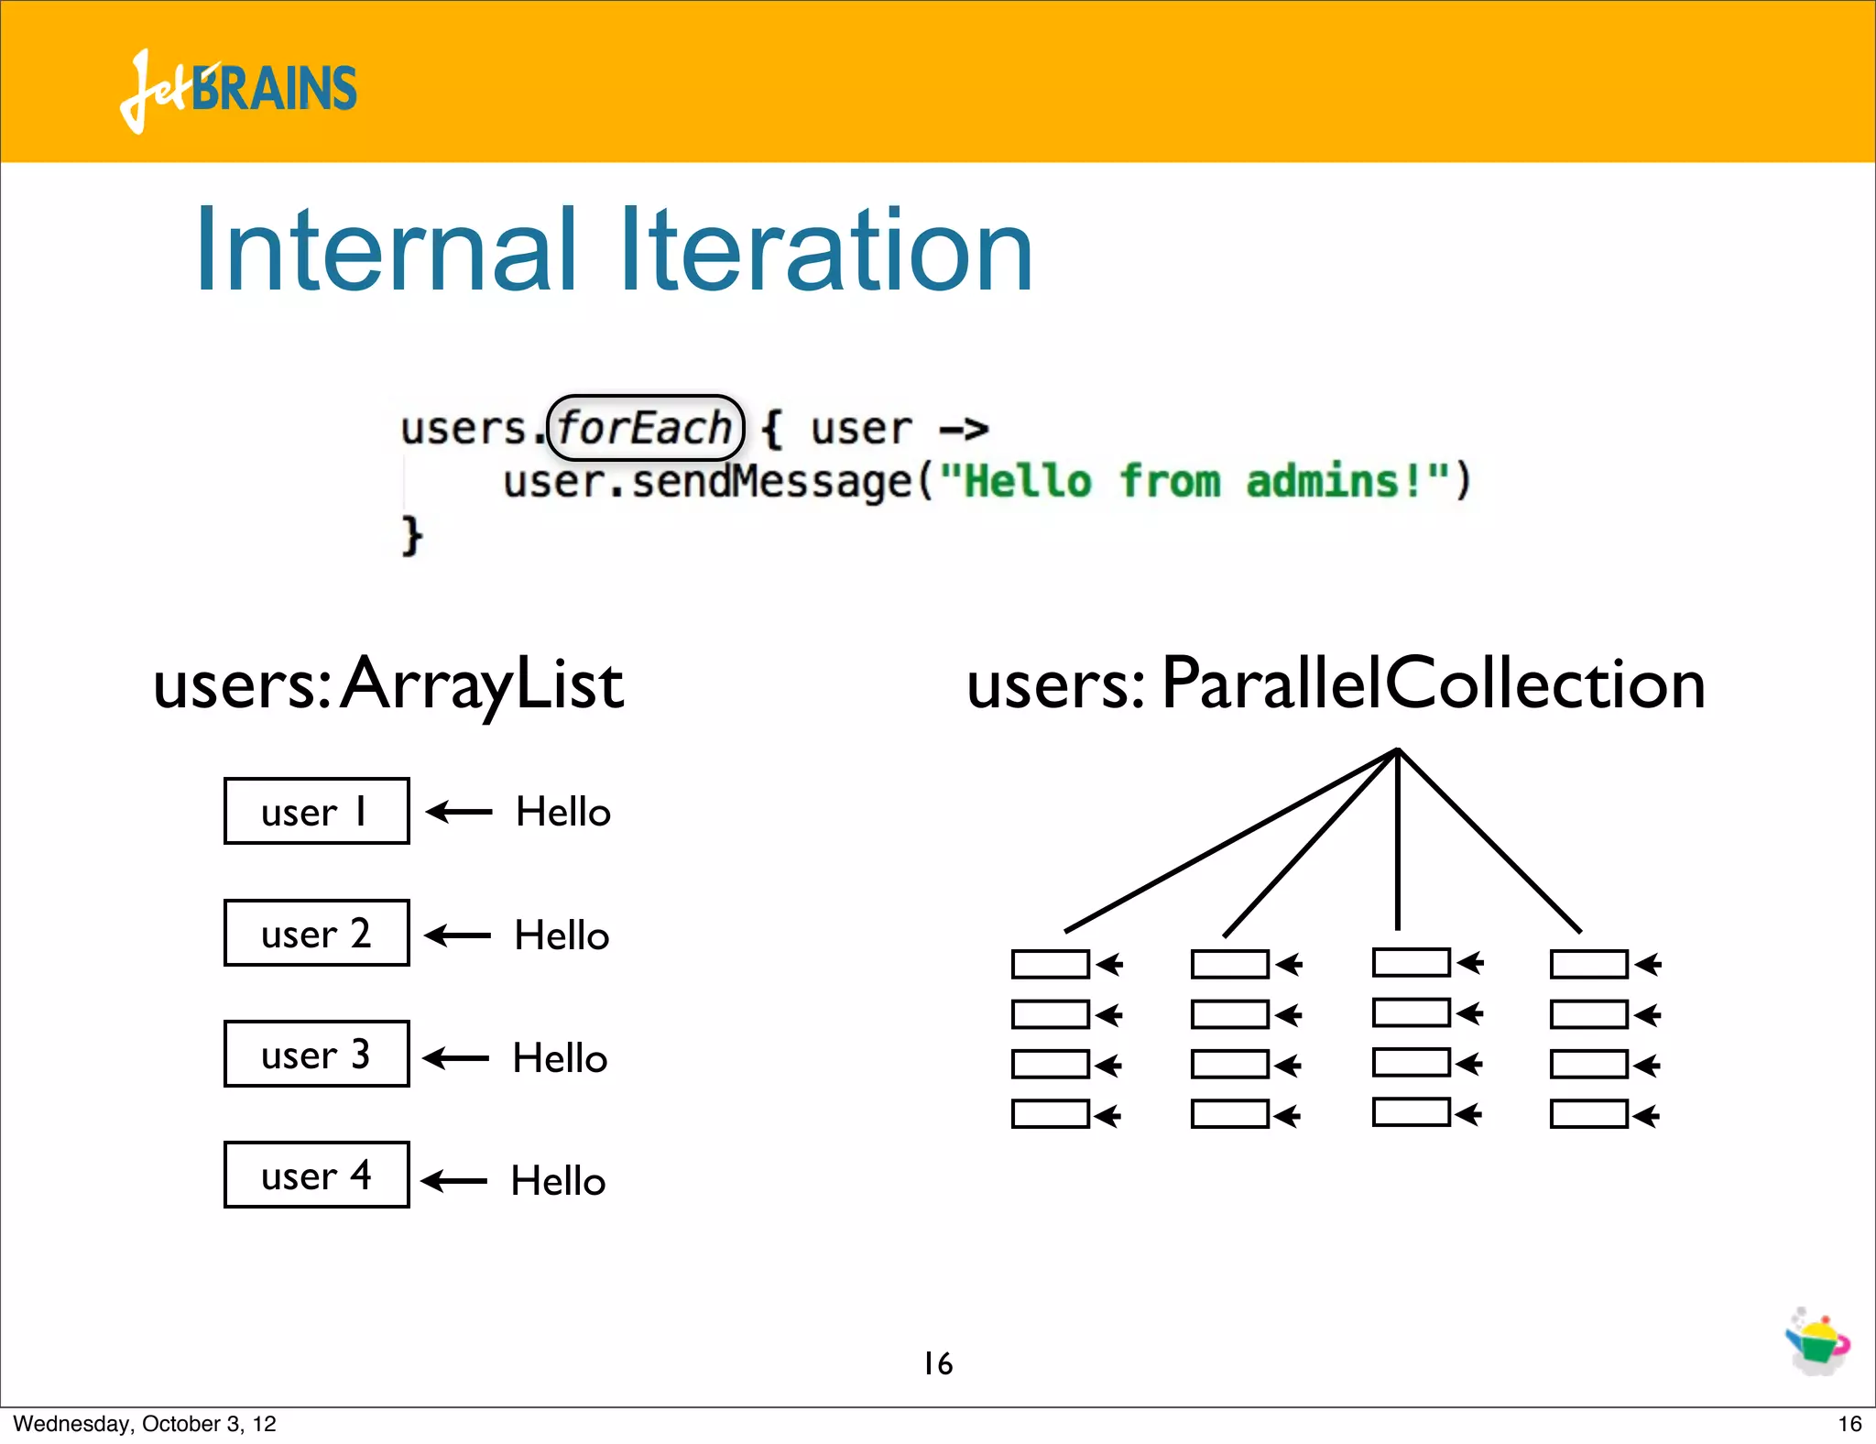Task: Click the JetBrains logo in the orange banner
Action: click(x=238, y=89)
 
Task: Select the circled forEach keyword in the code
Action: click(x=645, y=428)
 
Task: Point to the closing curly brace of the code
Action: click(x=411, y=534)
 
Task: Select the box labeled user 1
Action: click(x=316, y=811)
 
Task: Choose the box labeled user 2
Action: click(x=316, y=933)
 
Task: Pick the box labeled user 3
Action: click(x=316, y=1054)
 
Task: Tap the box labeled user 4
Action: click(x=316, y=1175)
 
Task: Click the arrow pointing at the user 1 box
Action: click(x=459, y=811)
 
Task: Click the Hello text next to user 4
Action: click(x=558, y=1181)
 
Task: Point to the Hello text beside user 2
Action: click(x=562, y=935)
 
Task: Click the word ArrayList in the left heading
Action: click(x=481, y=684)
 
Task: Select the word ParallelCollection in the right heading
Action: click(x=1434, y=684)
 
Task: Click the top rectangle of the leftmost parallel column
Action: click(x=1050, y=964)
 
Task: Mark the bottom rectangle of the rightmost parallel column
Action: click(x=1588, y=1114)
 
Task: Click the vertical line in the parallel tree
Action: click(x=1397, y=843)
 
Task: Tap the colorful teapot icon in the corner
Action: click(x=1817, y=1341)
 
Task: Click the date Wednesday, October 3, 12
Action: click(x=144, y=1423)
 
